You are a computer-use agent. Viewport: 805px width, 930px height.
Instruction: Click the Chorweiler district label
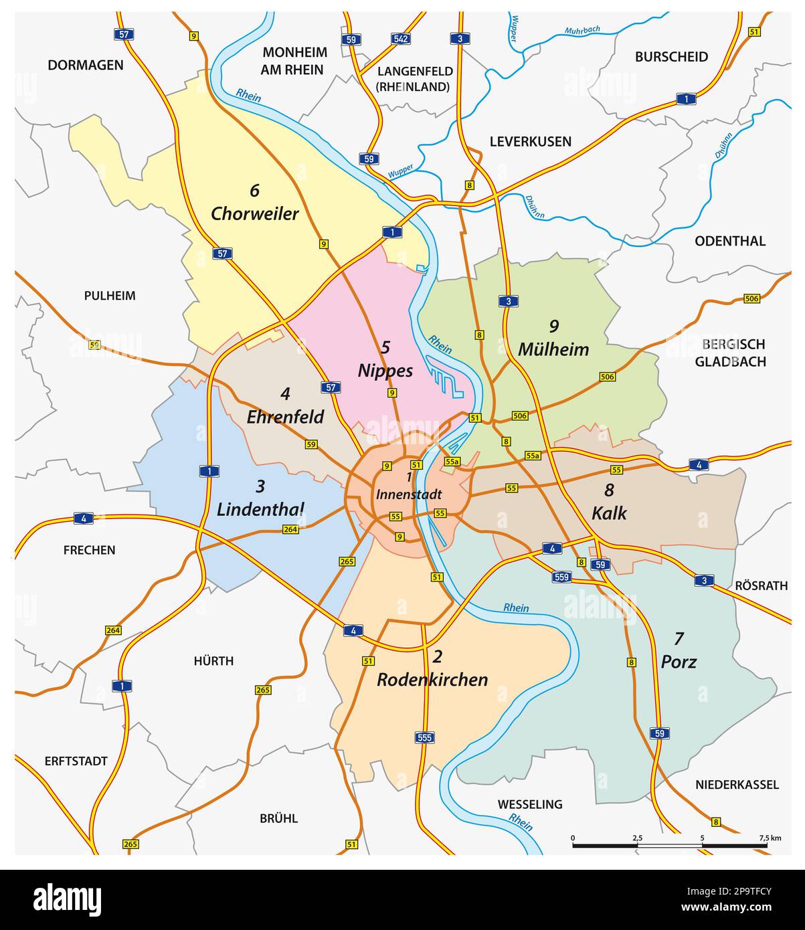tap(254, 213)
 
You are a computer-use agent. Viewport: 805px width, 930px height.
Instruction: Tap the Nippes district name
tap(385, 370)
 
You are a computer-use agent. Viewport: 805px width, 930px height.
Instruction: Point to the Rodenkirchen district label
tap(432, 679)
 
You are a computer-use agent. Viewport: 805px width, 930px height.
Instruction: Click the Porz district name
tap(679, 661)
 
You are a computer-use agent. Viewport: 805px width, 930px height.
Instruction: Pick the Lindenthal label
tap(260, 508)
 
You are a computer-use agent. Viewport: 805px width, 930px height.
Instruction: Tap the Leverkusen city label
tap(530, 141)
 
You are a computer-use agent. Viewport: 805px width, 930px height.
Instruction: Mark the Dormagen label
tap(86, 65)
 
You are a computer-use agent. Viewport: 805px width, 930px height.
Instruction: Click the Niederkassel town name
tap(737, 784)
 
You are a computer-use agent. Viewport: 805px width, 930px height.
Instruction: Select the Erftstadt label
tap(76, 761)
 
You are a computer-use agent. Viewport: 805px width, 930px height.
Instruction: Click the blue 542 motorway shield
tap(400, 39)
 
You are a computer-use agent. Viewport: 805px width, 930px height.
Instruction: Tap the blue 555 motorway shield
tap(425, 737)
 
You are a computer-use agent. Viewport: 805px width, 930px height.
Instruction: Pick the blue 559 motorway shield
tap(561, 577)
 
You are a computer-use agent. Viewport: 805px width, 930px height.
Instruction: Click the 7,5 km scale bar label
tap(770, 838)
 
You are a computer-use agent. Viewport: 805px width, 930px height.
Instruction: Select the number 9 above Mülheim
tap(553, 326)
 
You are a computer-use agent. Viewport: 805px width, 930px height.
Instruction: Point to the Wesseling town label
tap(529, 804)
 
